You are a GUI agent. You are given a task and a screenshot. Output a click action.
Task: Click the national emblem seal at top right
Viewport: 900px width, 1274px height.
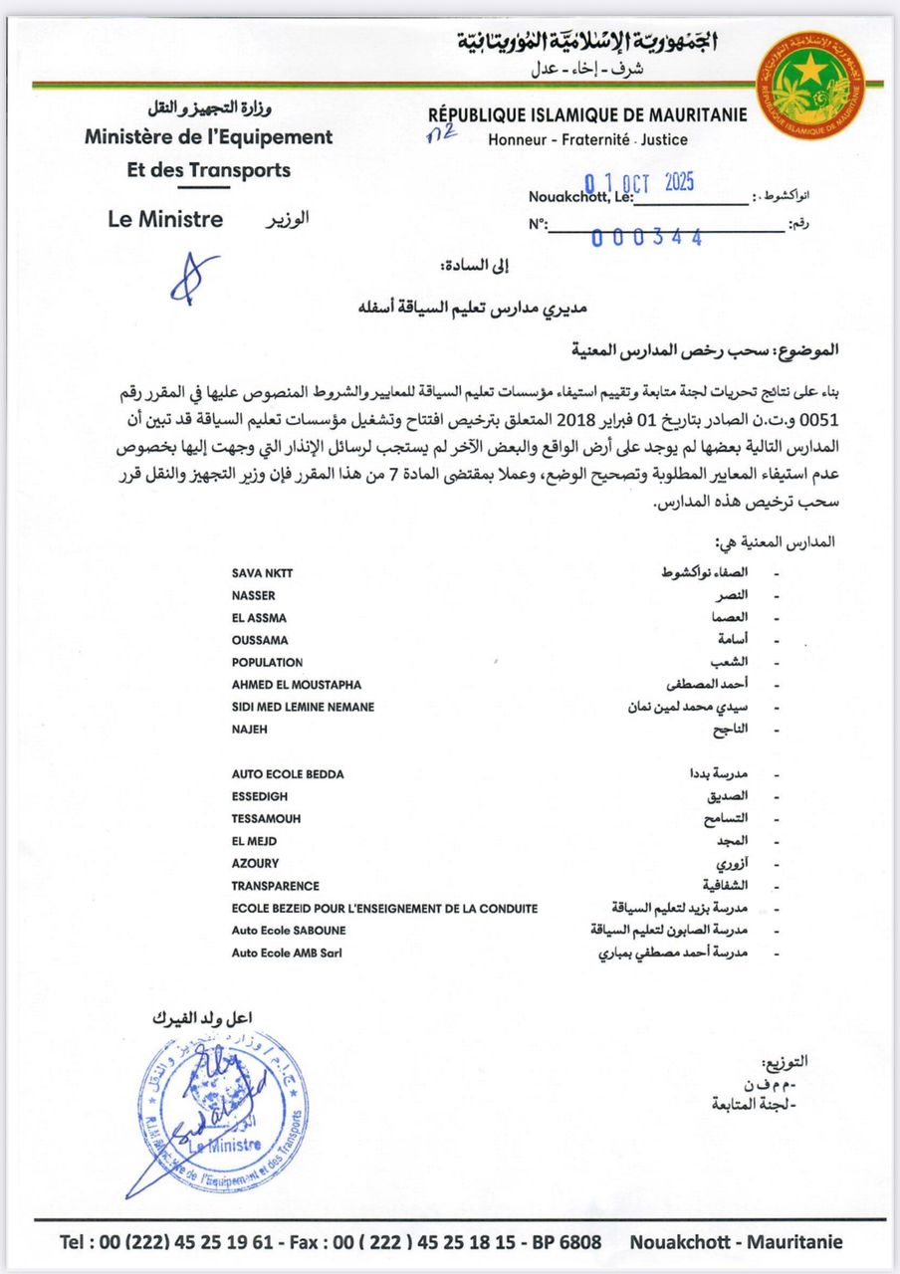811,80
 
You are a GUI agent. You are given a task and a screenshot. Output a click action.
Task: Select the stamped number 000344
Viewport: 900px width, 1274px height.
647,237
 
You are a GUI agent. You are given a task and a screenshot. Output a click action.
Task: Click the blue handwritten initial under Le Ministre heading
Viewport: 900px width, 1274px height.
191,278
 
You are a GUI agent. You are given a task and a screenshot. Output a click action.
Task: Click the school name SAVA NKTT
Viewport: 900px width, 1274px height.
263,573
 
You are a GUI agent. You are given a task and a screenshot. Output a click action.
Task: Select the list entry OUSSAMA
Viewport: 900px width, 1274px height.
260,640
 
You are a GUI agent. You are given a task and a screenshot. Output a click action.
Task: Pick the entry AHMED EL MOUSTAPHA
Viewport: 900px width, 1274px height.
297,685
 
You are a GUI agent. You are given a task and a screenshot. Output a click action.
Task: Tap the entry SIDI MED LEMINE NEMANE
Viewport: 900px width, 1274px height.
303,707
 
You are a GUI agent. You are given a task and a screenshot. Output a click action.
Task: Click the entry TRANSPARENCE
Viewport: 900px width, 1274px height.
276,886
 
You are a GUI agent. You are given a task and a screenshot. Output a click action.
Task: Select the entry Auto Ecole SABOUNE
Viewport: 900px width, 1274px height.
288,931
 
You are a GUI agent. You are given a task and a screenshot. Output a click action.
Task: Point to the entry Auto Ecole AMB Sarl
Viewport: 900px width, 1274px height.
288,953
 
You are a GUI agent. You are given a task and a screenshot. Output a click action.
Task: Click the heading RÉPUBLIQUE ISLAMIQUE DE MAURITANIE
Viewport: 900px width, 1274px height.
587,115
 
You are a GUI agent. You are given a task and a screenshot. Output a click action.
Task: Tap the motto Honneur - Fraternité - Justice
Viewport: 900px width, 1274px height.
587,140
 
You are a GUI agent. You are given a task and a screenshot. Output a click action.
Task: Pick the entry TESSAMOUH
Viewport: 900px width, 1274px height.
266,818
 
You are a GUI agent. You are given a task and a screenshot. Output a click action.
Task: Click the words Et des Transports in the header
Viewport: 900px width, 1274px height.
209,170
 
